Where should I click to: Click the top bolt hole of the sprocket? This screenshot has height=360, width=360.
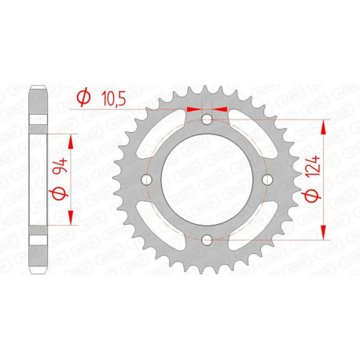point(206,119)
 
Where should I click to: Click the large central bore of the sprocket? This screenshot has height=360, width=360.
point(206,179)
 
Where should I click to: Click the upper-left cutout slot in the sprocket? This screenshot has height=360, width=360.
point(164,138)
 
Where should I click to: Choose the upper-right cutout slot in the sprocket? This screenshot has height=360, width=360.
point(248,138)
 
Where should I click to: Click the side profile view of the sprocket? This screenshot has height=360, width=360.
point(38,179)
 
